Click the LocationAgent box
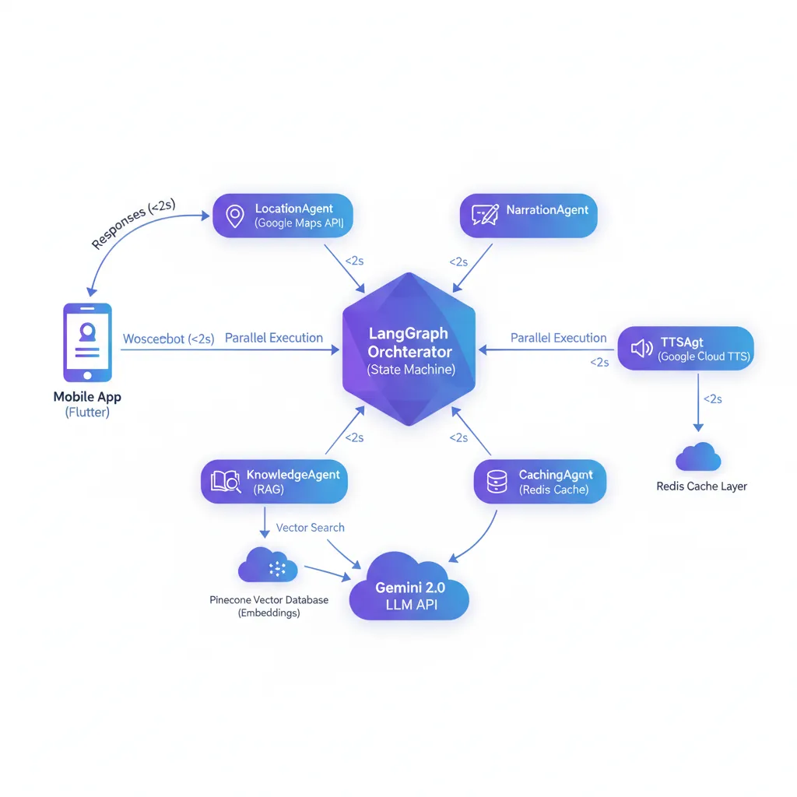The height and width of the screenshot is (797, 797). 283,216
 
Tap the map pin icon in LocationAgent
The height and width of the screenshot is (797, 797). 233,216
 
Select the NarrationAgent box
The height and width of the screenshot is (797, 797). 528,216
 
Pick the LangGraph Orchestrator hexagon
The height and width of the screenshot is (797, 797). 409,352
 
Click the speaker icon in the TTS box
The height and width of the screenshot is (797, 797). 641,348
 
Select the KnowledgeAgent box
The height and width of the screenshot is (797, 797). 273,482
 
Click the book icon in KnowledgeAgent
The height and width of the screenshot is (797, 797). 226,482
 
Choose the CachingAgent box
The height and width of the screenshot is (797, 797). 539,482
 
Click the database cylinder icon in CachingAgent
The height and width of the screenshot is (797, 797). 496,482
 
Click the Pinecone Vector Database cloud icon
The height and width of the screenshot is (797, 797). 269,566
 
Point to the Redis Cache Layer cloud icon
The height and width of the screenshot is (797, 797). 697,457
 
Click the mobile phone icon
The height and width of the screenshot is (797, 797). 86,342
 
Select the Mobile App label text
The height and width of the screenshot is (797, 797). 87,397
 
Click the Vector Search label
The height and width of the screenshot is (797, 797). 310,528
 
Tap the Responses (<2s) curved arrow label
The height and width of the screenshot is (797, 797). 133,224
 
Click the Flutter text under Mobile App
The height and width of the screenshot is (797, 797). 87,413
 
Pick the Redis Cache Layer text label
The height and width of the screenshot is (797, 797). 701,486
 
